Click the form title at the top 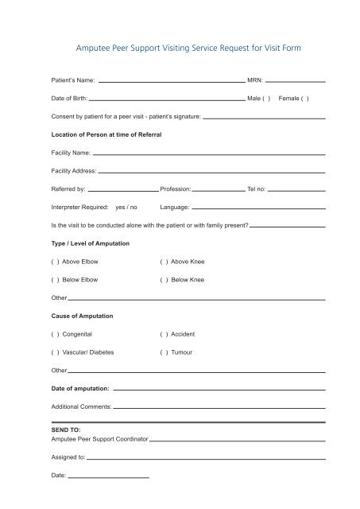point(180,49)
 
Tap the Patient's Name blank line point(171,81)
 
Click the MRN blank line point(295,81)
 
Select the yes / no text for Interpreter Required point(127,208)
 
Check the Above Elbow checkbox point(55,262)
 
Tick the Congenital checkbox point(55,335)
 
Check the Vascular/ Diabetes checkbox point(55,352)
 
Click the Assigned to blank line point(207,459)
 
